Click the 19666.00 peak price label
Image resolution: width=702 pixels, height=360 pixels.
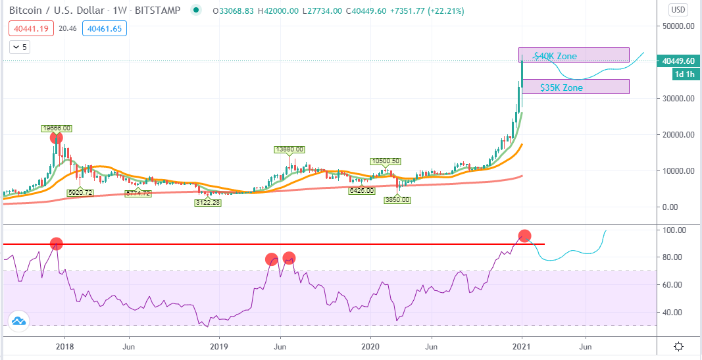click(x=57, y=128)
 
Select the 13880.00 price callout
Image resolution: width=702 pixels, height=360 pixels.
click(x=289, y=149)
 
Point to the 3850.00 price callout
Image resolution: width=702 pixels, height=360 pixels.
click(x=397, y=200)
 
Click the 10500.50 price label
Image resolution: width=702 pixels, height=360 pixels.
click(x=385, y=161)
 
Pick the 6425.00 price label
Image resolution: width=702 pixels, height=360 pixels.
click(x=361, y=190)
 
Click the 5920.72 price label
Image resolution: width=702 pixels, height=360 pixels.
click(x=80, y=193)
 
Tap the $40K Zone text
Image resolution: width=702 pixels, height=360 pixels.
click(x=555, y=57)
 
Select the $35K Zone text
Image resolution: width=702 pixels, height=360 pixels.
click(x=562, y=88)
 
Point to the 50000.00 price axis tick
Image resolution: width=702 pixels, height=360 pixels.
click(x=678, y=26)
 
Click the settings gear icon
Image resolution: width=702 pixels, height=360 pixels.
click(x=679, y=347)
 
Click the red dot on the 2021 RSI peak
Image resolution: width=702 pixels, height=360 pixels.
click(x=525, y=236)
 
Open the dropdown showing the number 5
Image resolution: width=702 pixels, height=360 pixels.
click(x=20, y=47)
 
